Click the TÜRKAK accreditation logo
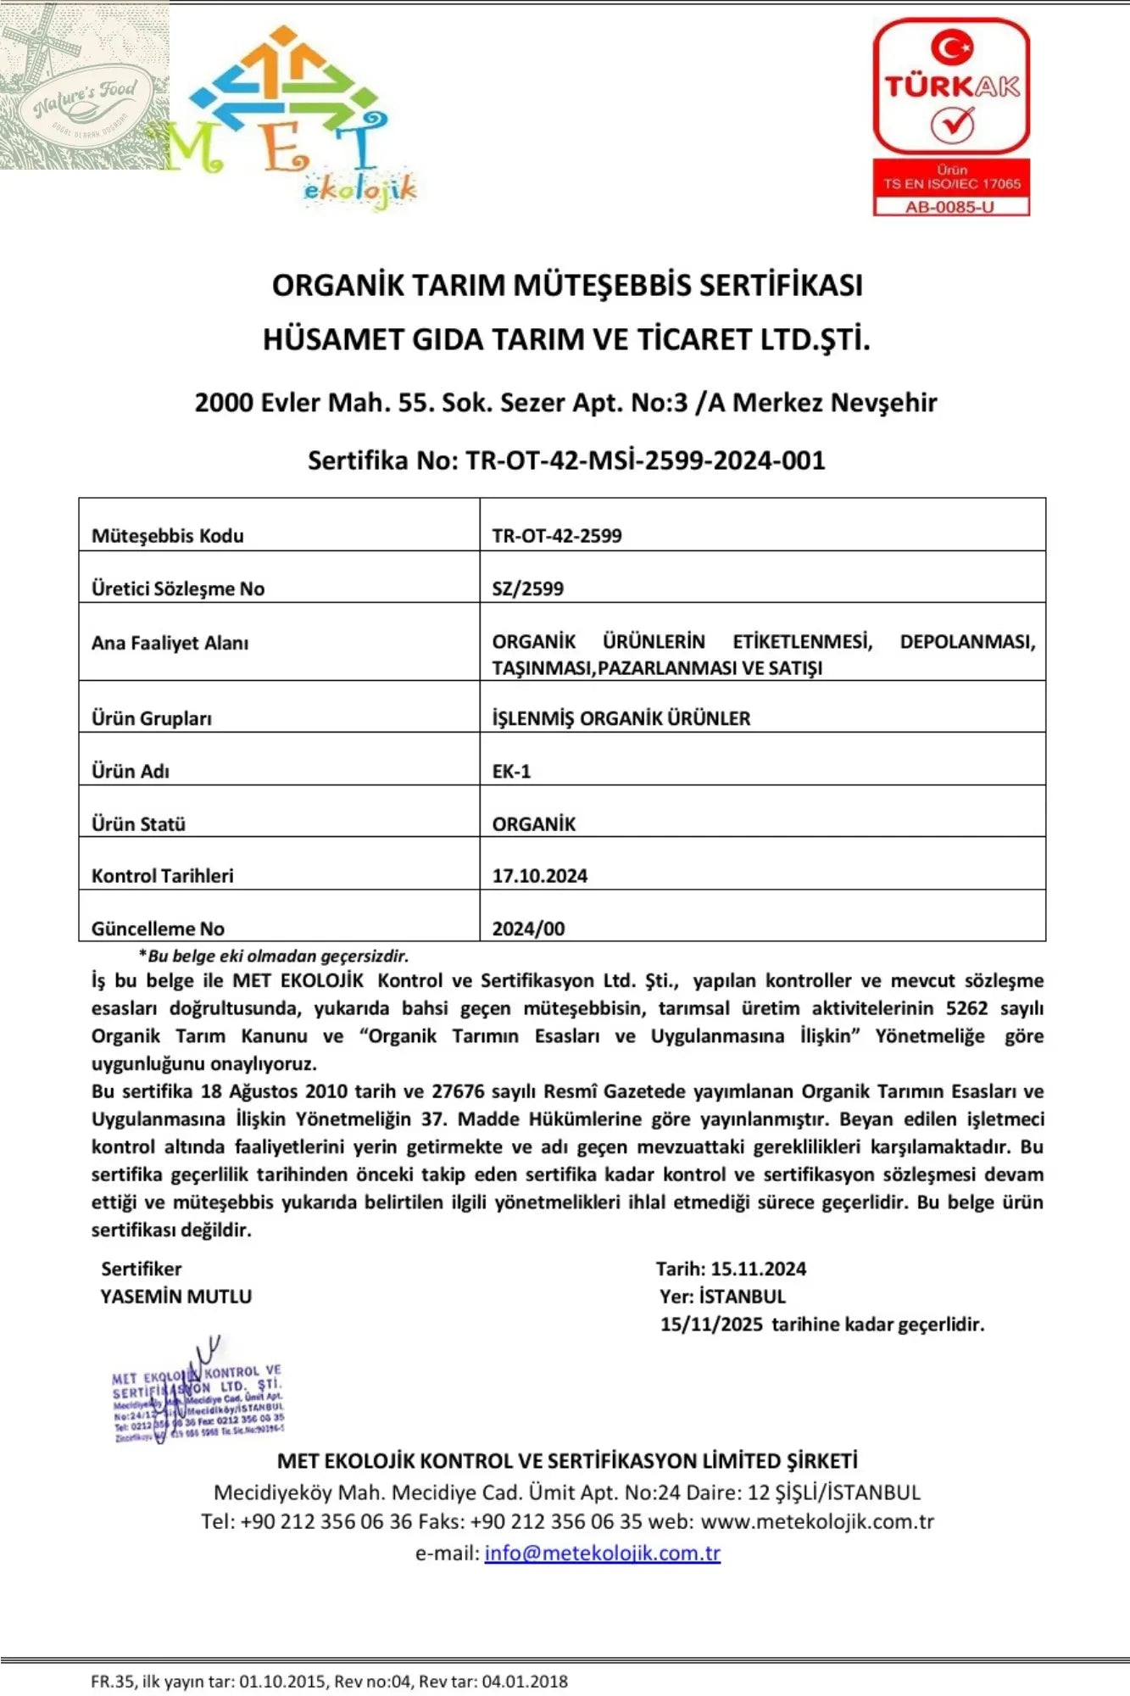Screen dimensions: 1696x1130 point(951,88)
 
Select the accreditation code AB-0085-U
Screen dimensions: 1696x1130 point(950,206)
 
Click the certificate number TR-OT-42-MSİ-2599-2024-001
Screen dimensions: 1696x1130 point(644,460)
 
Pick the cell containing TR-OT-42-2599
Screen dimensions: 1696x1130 point(557,536)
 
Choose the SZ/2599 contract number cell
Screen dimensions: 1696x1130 point(527,589)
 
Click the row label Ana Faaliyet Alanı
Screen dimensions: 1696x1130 point(170,643)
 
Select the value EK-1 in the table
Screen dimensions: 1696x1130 point(511,771)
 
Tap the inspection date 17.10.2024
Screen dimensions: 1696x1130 point(539,876)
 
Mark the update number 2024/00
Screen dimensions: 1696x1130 point(528,929)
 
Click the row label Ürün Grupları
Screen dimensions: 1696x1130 point(152,718)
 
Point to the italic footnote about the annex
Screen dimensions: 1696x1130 point(274,956)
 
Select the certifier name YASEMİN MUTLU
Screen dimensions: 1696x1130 point(176,1296)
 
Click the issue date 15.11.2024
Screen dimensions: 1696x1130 point(758,1269)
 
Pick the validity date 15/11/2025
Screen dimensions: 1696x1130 point(711,1324)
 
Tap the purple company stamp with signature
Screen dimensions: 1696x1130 point(198,1399)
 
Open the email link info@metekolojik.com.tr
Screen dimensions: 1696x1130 point(602,1553)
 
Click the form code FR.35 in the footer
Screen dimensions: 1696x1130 point(112,1681)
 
